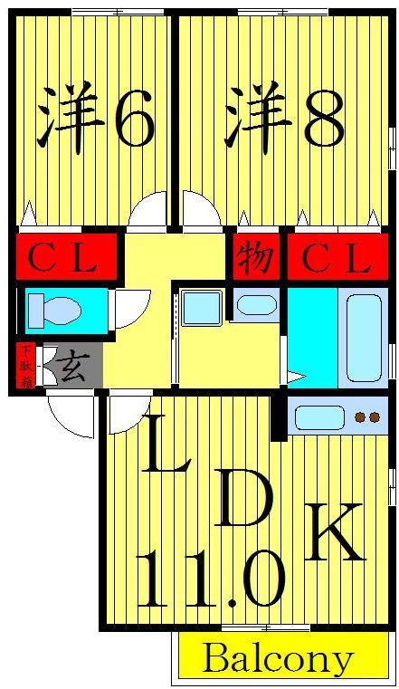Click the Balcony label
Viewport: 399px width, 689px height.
[278, 658]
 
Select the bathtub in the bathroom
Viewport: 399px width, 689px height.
[365, 335]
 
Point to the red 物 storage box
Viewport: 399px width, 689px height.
[255, 258]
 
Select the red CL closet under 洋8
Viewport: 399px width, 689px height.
[337, 258]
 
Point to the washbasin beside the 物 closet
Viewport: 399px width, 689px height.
[257, 305]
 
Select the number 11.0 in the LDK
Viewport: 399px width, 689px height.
[210, 579]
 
